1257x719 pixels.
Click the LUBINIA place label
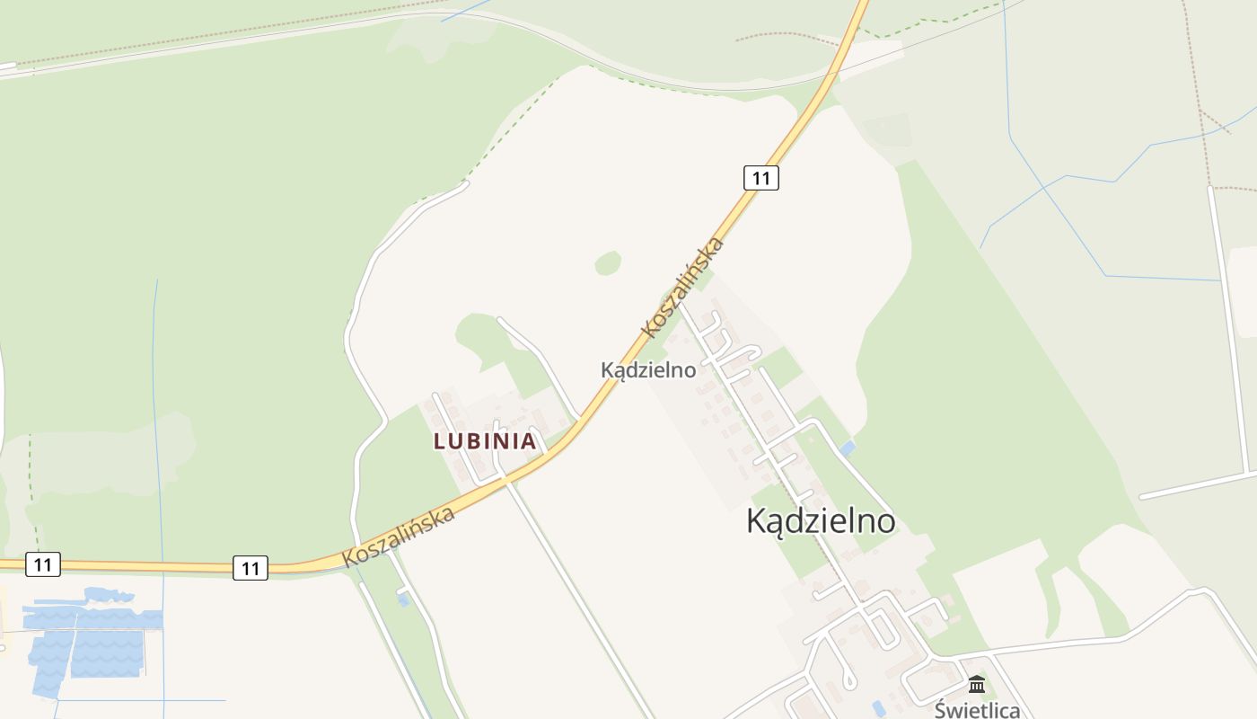coord(485,441)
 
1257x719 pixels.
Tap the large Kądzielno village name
coord(821,521)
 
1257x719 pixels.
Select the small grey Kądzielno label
coord(648,369)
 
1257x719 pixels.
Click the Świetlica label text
coord(977,710)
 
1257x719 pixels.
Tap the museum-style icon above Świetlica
coord(977,685)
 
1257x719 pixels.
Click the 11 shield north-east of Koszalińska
coord(760,178)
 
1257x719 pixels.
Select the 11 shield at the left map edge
coord(42,564)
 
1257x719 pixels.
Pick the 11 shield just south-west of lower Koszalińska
coord(251,568)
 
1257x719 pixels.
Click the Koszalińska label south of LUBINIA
coord(399,537)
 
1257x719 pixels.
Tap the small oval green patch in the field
coord(608,262)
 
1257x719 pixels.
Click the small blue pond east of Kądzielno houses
coord(848,447)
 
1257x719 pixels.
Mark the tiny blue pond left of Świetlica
coord(878,708)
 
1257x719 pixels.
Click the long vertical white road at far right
coord(1229,324)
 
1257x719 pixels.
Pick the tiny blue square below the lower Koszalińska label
coord(403,599)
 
